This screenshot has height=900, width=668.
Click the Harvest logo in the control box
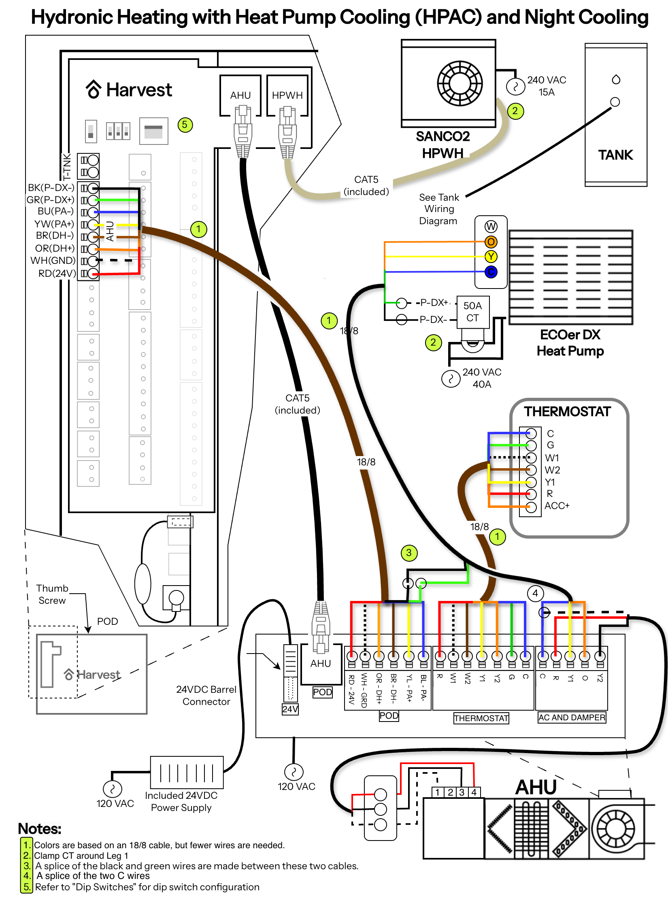tap(129, 90)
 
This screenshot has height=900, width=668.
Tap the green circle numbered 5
tap(185, 125)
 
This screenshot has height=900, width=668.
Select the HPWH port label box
tap(287, 95)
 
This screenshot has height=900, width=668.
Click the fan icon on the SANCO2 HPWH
tap(460, 83)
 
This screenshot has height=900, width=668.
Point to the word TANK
tap(615, 155)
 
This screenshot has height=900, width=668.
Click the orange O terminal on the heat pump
tap(491, 242)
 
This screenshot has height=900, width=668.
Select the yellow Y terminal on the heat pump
tap(491, 257)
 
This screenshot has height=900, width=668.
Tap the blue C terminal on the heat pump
tap(491, 272)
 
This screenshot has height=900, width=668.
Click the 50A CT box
tap(472, 312)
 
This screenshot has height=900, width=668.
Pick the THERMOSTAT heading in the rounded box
tap(567, 412)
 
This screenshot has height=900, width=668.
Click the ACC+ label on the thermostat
tap(557, 506)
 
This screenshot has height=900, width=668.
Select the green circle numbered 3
tap(409, 553)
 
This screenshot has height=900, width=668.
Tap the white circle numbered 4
tap(535, 593)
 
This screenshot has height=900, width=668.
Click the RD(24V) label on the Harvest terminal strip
tap(57, 274)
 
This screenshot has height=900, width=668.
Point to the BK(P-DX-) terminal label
tap(51, 188)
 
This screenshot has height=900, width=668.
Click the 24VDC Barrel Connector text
tap(206, 696)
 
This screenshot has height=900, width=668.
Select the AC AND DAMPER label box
tap(572, 717)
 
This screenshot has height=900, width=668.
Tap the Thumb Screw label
tap(52, 594)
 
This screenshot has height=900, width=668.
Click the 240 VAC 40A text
tap(482, 378)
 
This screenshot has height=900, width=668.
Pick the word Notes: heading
tap(40, 829)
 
